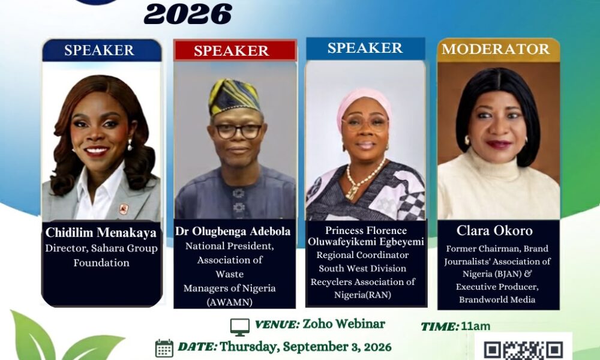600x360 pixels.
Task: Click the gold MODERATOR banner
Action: (498, 50)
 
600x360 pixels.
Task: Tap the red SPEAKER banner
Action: (235, 50)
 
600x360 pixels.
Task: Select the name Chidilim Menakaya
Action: (101, 232)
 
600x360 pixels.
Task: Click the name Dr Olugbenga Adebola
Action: (233, 231)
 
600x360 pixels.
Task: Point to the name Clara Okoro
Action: (494, 230)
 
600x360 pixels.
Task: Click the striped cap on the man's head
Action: (233, 97)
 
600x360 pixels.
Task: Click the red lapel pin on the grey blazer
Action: (123, 209)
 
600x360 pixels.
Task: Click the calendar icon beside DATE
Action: (164, 348)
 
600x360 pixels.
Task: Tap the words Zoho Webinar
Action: (344, 323)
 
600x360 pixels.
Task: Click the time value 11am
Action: (475, 326)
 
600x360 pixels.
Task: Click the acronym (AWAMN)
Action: (230, 302)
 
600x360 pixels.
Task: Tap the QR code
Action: (523, 350)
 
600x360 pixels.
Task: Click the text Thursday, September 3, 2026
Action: (305, 347)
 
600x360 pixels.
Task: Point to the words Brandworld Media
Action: (497, 299)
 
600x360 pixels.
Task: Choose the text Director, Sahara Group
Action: (101, 248)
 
